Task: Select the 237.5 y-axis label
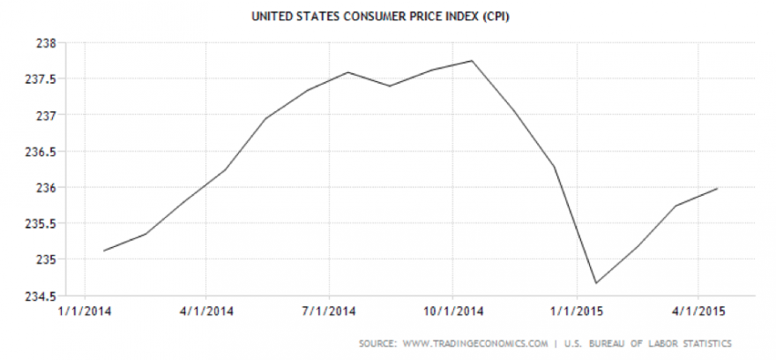coord(41,79)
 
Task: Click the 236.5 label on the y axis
coord(41,151)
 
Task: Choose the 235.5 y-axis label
coord(41,223)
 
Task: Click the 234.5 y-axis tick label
coord(41,296)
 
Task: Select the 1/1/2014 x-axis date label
coord(84,311)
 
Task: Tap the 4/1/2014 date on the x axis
coord(205,311)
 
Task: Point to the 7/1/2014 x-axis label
coord(329,311)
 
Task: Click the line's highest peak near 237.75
coord(474,61)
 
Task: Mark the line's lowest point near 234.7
coord(596,283)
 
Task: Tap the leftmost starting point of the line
coord(104,251)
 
